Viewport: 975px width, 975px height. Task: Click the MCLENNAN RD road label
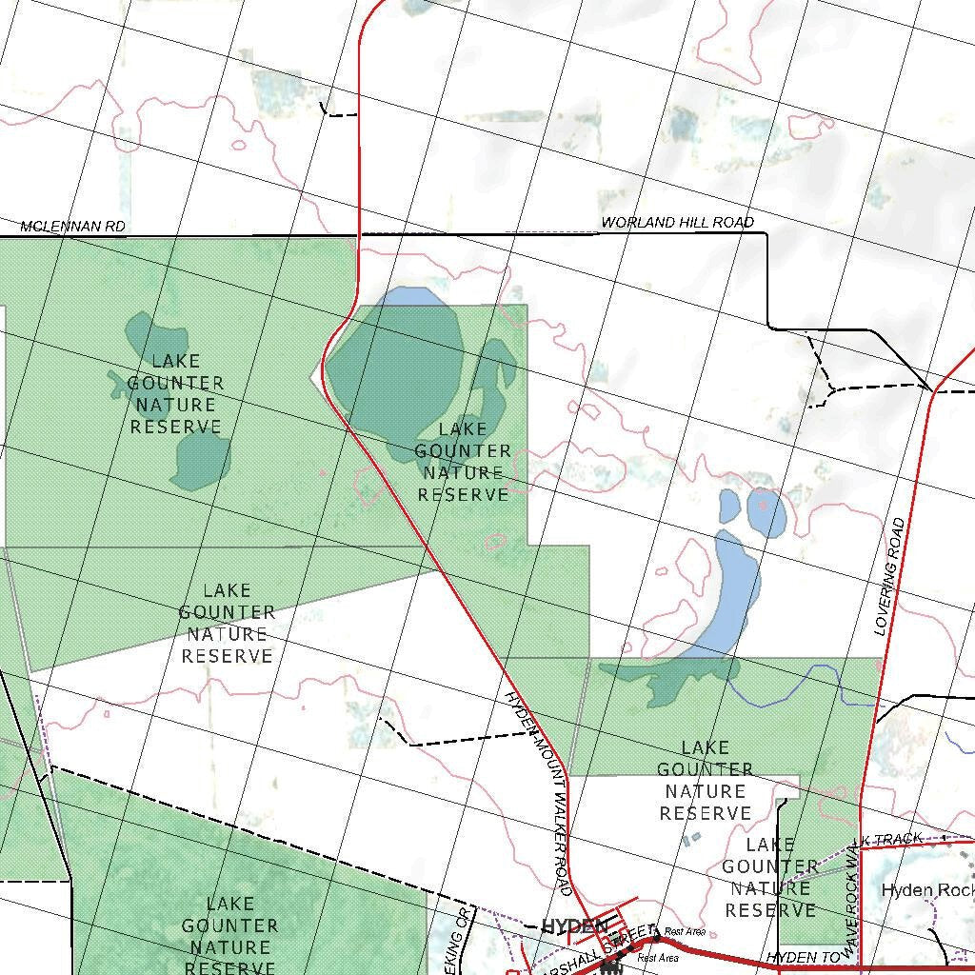[x=73, y=227]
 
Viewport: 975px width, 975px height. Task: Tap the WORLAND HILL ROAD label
[x=677, y=223]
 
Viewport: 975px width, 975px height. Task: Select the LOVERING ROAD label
[x=889, y=577]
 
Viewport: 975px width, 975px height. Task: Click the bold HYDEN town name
[x=574, y=925]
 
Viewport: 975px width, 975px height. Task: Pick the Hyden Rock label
[x=926, y=891]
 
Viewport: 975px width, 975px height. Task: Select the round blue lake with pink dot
[x=766, y=512]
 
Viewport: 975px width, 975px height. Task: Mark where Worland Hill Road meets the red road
[x=359, y=233]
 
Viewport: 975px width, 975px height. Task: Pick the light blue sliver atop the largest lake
[x=410, y=296]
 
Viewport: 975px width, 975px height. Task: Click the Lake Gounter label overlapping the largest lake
[x=463, y=462]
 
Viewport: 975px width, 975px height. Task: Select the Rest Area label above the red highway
[x=685, y=931]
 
